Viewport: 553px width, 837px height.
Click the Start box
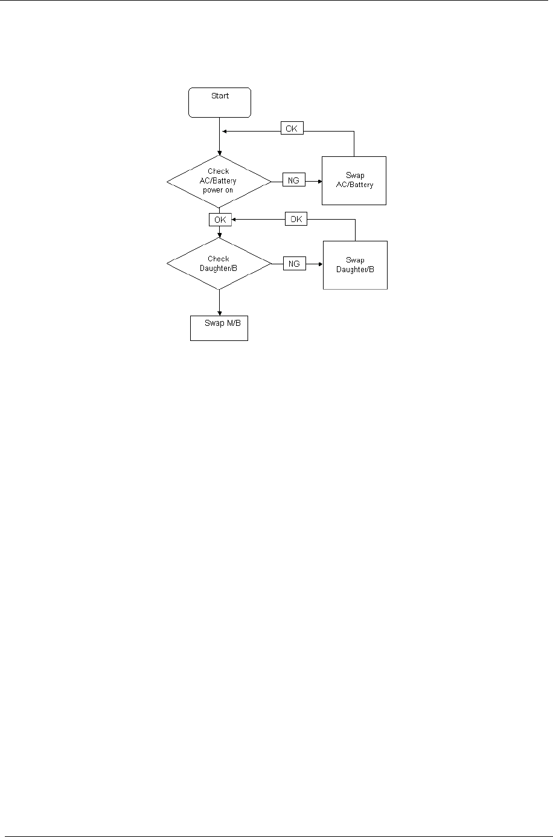[x=220, y=103]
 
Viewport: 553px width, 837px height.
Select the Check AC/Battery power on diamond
[x=219, y=180]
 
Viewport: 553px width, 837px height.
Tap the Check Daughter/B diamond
[x=219, y=264]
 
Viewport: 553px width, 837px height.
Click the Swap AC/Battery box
[x=354, y=180]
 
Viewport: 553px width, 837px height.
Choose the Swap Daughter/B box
[x=355, y=265]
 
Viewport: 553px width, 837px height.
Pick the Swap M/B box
[x=219, y=328]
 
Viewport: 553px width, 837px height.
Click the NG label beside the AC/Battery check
[x=294, y=180]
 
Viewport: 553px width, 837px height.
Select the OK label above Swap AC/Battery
[x=292, y=129]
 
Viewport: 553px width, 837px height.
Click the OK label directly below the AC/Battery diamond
[x=220, y=220]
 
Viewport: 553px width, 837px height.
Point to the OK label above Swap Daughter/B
[x=296, y=220]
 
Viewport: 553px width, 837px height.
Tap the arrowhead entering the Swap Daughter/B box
[x=320, y=264]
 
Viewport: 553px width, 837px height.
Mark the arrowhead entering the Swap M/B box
[x=219, y=313]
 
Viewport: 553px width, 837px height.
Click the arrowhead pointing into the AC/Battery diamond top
[x=219, y=153]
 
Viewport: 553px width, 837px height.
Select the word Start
[x=220, y=96]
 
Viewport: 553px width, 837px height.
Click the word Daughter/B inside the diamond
[x=219, y=268]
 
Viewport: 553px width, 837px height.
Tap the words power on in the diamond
[x=219, y=189]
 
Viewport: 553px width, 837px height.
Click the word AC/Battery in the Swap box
[x=355, y=185]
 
